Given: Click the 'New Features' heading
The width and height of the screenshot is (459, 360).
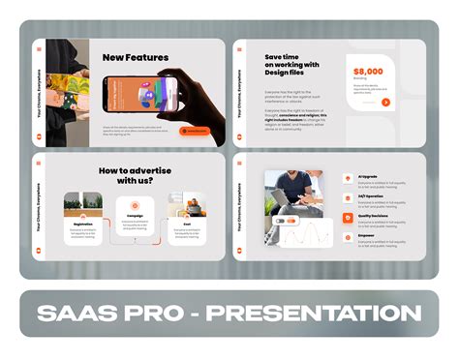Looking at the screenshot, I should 136,57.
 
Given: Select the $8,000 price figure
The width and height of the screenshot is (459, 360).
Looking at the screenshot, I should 367,72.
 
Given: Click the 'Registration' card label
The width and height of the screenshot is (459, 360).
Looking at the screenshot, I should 82,224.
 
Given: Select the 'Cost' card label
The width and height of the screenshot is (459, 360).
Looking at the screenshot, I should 187,224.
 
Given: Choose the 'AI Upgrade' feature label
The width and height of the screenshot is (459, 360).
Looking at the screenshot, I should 367,176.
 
